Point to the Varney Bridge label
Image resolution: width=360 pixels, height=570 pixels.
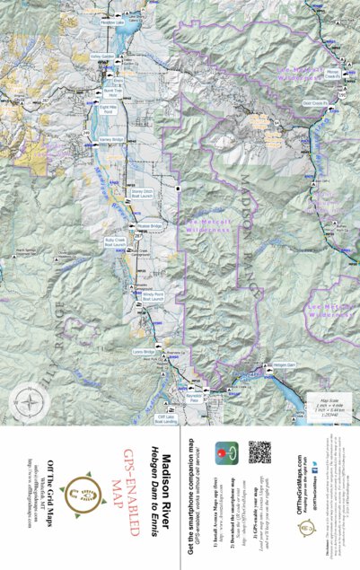pos(110,139)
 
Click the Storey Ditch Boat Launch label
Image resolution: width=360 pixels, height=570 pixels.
pos(144,192)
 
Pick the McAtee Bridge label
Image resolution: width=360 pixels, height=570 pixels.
pos(149,225)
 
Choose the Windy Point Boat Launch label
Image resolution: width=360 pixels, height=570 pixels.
pos(153,295)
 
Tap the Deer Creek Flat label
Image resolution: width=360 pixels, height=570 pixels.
pos(315,103)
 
